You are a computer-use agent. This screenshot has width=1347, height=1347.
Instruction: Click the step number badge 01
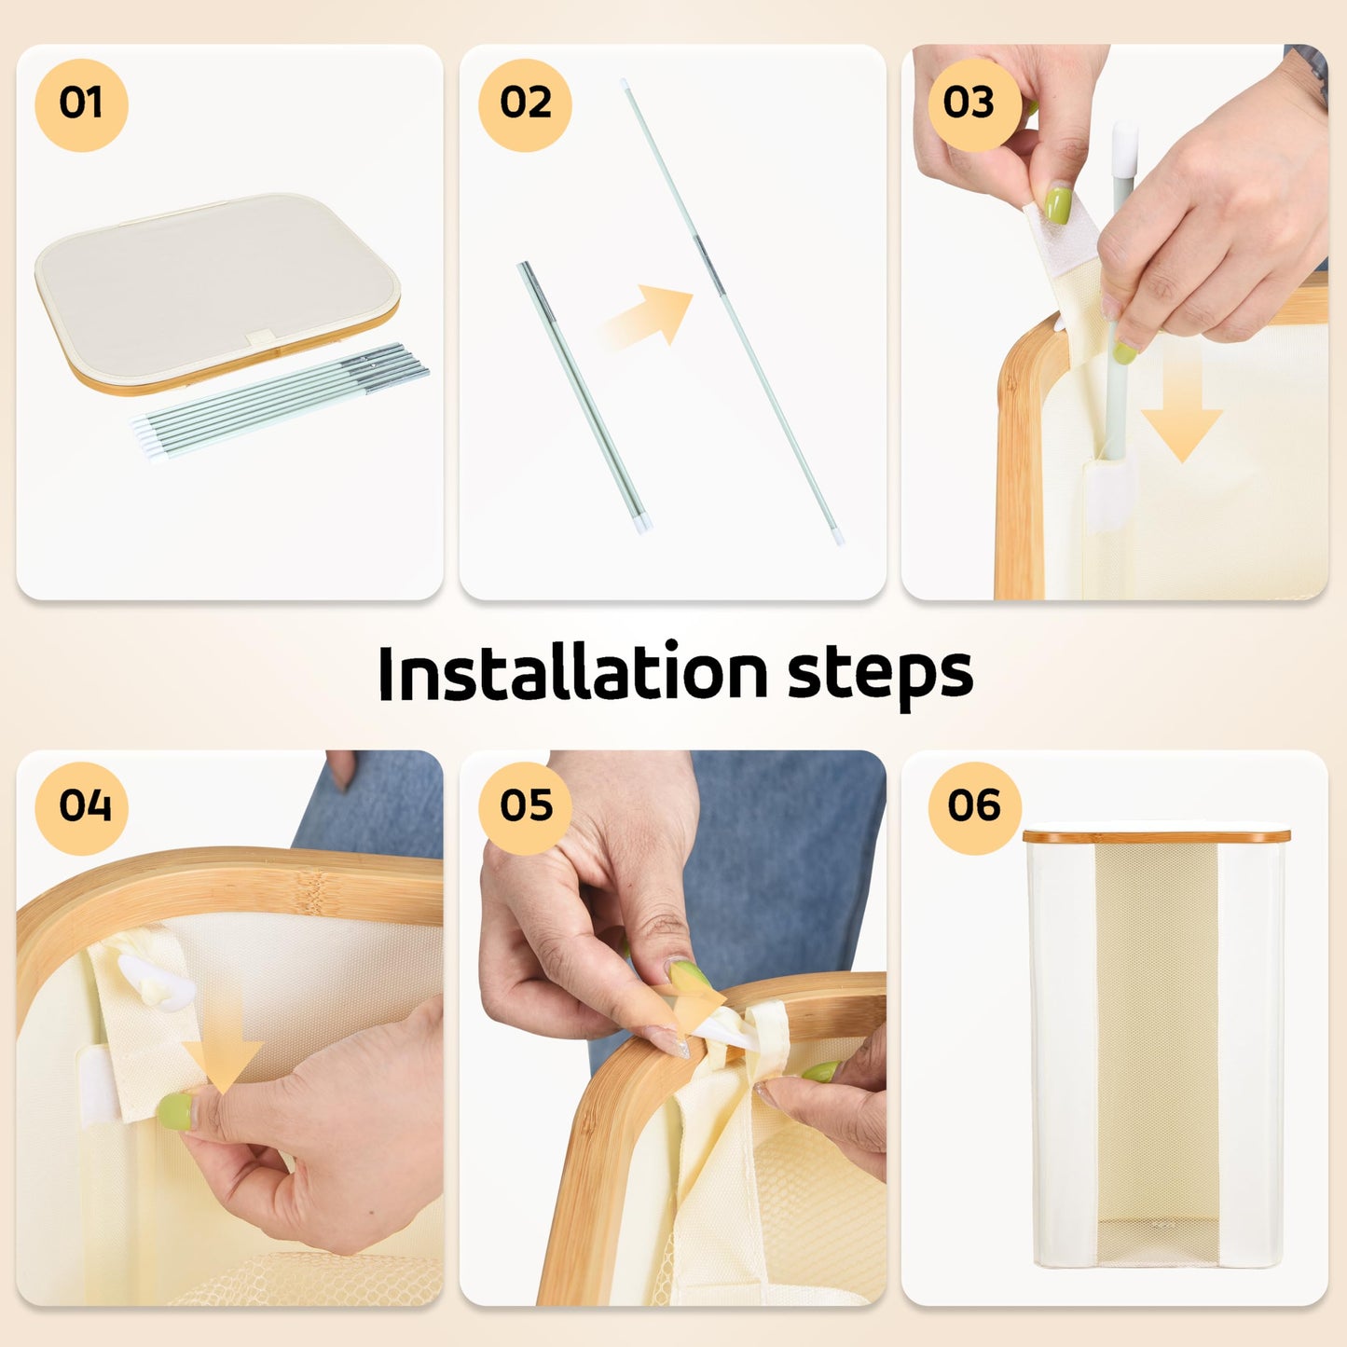click(x=81, y=104)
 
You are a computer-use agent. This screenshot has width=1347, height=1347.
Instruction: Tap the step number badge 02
click(x=525, y=104)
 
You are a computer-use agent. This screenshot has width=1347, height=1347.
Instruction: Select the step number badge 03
click(x=974, y=104)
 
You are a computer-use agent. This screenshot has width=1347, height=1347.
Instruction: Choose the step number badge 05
click(x=525, y=808)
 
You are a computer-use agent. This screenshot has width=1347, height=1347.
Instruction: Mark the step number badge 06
click(x=974, y=808)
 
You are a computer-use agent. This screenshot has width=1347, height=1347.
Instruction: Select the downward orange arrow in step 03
click(x=1182, y=419)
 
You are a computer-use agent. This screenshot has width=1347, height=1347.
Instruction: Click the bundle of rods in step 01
click(x=280, y=401)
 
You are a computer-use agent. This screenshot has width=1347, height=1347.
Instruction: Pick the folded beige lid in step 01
click(x=217, y=294)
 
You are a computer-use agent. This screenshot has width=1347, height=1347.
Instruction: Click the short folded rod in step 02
click(x=584, y=398)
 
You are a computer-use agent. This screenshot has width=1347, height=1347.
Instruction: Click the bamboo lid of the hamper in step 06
click(x=1157, y=836)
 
